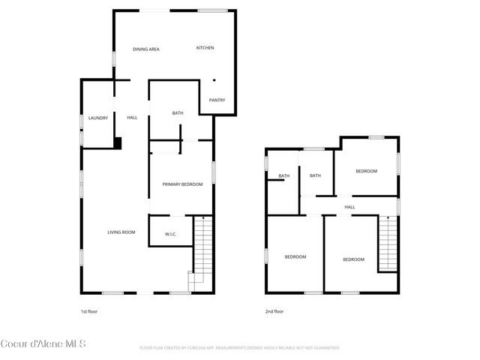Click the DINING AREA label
146,49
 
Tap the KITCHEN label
205,48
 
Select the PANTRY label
217,100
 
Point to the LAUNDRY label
98,118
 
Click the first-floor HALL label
132,118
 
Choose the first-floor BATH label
178,113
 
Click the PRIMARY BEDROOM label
182,184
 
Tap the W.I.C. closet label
170,235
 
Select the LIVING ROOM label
121,232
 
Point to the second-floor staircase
387,244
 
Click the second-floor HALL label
349,207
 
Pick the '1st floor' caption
89,310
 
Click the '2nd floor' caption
274,310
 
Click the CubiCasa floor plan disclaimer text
240,348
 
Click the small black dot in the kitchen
214,80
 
